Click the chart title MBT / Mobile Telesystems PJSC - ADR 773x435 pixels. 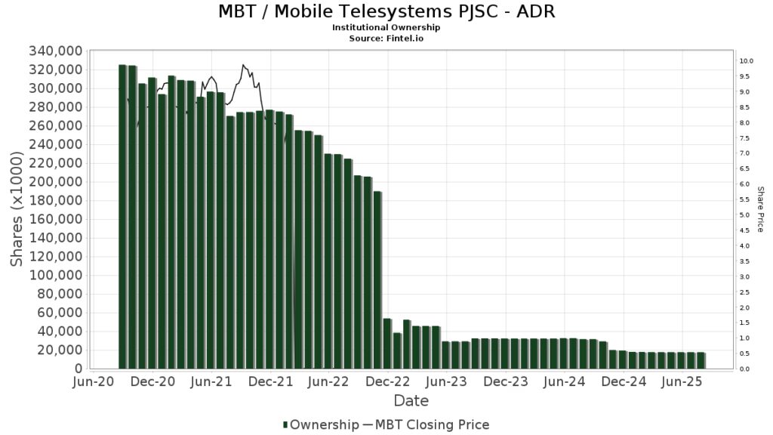point(386,12)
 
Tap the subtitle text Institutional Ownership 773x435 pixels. point(386,27)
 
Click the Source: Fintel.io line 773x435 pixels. point(386,37)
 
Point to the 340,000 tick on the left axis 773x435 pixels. point(54,51)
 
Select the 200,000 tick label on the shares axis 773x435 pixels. point(54,182)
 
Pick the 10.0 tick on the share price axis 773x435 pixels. point(747,61)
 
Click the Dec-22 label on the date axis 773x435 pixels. point(387,382)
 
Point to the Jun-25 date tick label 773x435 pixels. point(683,382)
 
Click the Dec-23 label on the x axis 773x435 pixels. point(506,382)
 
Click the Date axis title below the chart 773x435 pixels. point(411,400)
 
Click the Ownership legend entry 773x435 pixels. point(321,425)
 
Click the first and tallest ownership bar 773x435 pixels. point(123,217)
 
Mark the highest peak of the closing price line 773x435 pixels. point(243,65)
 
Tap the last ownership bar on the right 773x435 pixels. point(701,361)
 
